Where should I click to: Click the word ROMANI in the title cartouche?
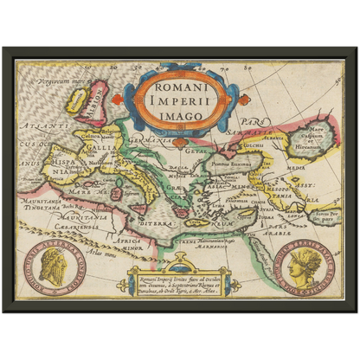click(x=181, y=87)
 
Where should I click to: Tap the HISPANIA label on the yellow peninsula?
click(x=63, y=165)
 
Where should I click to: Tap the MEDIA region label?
click(x=295, y=170)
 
